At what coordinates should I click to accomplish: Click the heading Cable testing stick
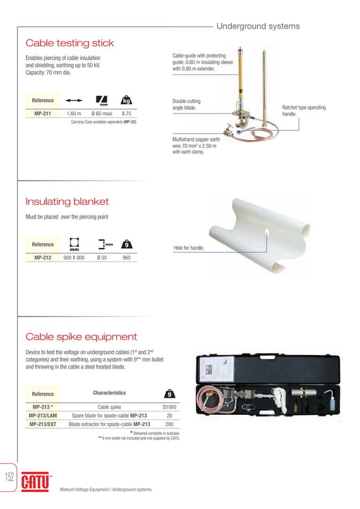coord(70,43)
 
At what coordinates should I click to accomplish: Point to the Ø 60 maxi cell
coord(102,113)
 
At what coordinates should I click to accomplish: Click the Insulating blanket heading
coord(67,202)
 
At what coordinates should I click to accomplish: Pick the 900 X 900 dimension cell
coord(74,257)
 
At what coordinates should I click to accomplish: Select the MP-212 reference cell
coord(43,257)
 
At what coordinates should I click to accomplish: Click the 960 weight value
coord(127,257)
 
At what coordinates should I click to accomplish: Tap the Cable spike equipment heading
coord(81,337)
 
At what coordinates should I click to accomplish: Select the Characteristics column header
coord(109,393)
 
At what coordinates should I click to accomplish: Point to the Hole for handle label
coord(189,248)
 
